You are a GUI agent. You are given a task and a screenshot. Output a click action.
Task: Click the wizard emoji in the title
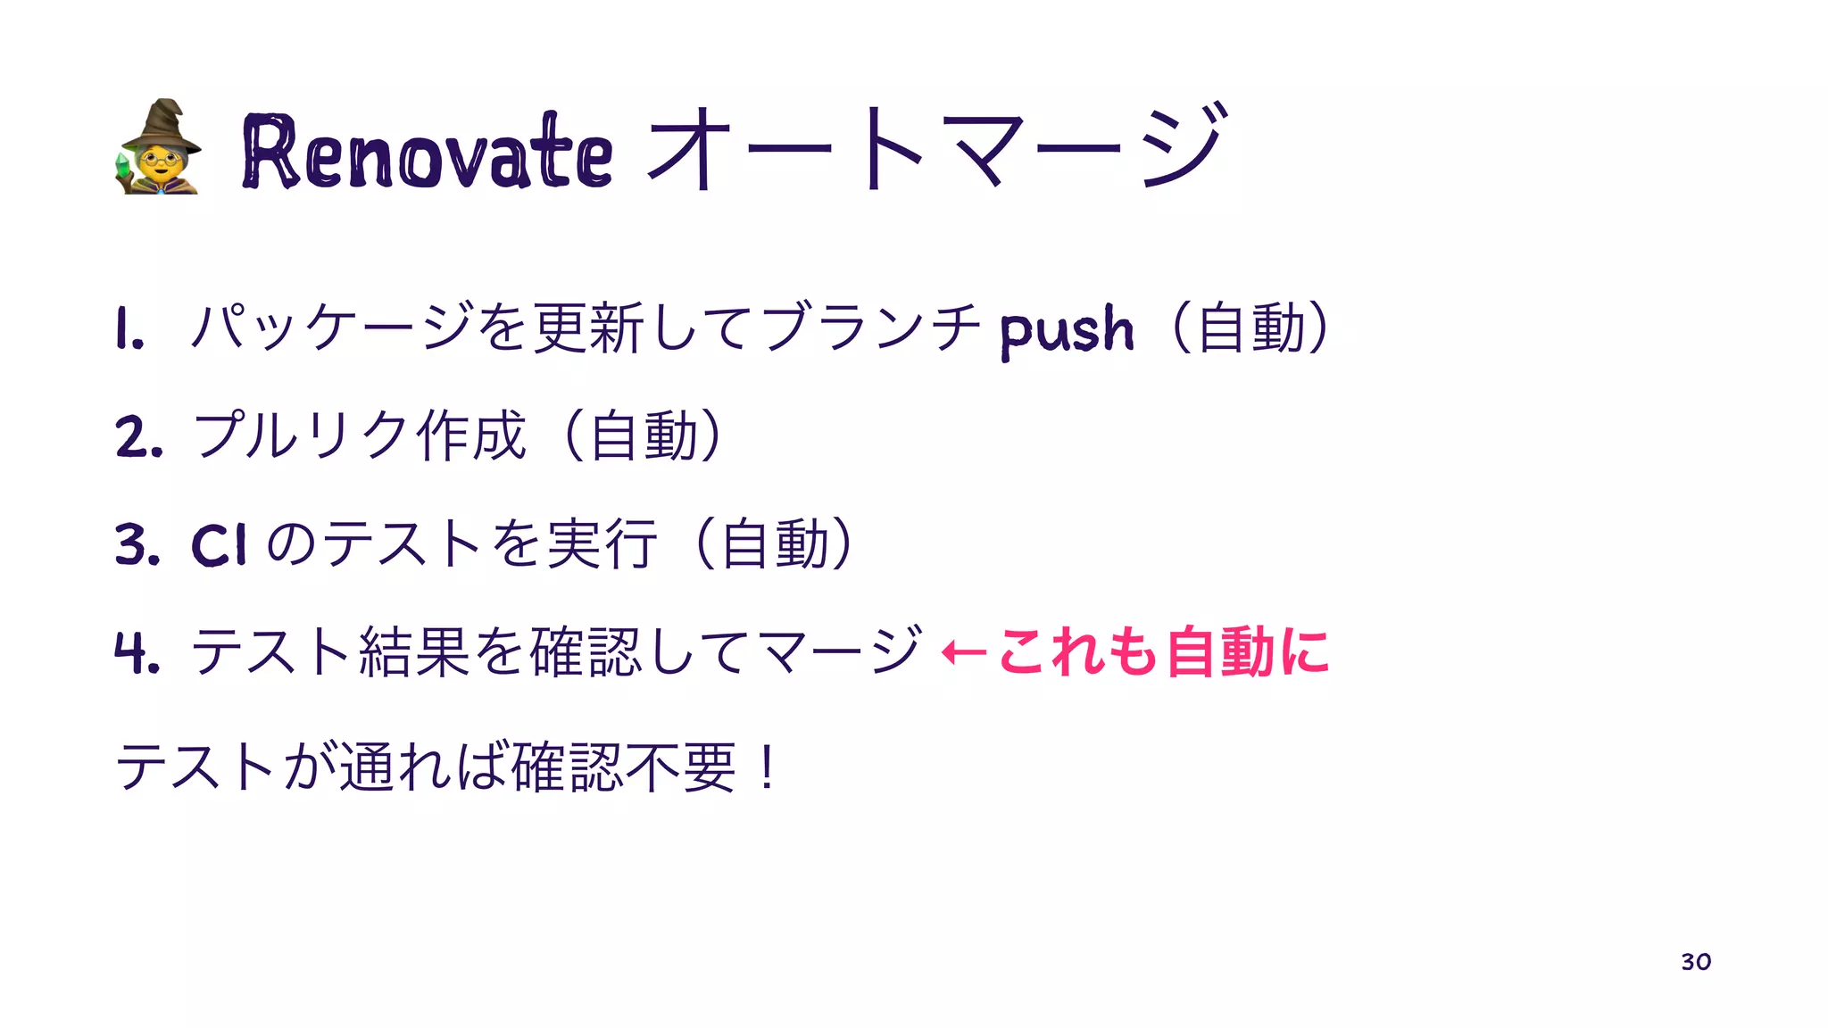pyautogui.click(x=158, y=148)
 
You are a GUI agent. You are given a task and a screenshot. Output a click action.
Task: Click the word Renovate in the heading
pyautogui.click(x=427, y=152)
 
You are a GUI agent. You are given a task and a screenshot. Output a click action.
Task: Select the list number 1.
pyautogui.click(x=129, y=330)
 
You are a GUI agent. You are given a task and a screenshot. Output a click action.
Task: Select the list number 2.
pyautogui.click(x=138, y=437)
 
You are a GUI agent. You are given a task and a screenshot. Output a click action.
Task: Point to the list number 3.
pyautogui.click(x=137, y=545)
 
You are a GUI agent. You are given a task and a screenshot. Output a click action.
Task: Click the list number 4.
pyautogui.click(x=137, y=652)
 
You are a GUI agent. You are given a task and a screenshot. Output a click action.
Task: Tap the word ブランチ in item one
pyautogui.click(x=870, y=327)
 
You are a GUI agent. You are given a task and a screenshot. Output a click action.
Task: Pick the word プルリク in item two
pyautogui.click(x=300, y=435)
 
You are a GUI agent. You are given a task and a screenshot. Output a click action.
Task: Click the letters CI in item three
pyautogui.click(x=218, y=544)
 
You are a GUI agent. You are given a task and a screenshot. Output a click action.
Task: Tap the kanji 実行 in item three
pyautogui.click(x=603, y=543)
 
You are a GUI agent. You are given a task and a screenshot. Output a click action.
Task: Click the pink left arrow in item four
pyautogui.click(x=964, y=653)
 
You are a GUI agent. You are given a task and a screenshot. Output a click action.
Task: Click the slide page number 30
pyautogui.click(x=1695, y=962)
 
